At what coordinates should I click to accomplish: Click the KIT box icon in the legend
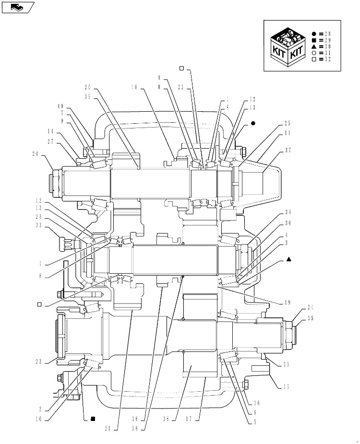click(288, 47)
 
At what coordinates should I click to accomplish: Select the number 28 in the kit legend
click(328, 34)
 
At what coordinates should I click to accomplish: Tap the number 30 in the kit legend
click(328, 47)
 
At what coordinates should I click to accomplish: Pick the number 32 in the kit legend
click(328, 59)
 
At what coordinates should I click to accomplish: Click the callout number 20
click(87, 87)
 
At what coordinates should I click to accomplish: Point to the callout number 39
click(87, 96)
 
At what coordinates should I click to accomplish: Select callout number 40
click(60, 106)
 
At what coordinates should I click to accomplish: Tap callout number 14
click(50, 131)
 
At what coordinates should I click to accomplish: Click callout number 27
click(50, 141)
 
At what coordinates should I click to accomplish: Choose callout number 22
click(181, 87)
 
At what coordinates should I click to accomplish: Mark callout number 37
click(288, 150)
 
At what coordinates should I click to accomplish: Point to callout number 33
click(38, 225)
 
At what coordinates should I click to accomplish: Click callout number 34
click(288, 212)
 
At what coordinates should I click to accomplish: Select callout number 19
click(288, 303)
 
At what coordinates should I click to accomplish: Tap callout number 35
click(311, 318)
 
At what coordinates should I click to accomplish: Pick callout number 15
click(286, 386)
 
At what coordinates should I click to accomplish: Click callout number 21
click(108, 429)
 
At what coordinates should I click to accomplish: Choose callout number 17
click(189, 419)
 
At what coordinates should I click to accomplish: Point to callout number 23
click(38, 362)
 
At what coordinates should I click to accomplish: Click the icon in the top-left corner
click(18, 7)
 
